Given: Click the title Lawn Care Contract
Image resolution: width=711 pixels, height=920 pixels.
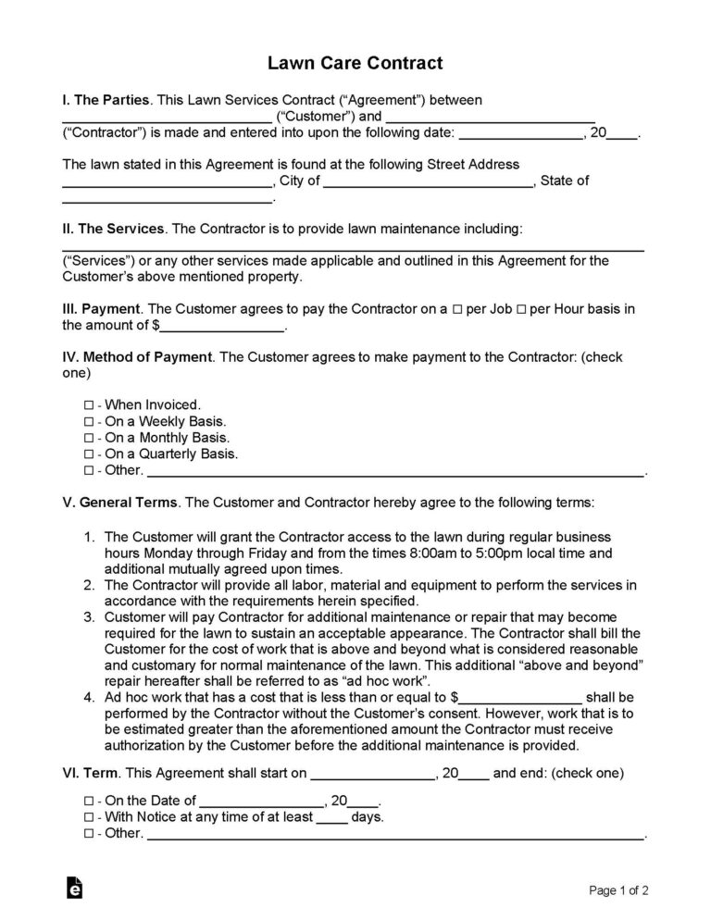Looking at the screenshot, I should pyautogui.click(x=355, y=64).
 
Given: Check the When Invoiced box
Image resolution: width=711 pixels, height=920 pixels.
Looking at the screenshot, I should pyautogui.click(x=88, y=404).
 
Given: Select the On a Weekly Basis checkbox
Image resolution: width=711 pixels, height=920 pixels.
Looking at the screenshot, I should pyautogui.click(x=88, y=421).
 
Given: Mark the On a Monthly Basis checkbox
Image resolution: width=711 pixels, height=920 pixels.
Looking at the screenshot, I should pyautogui.click(x=88, y=437).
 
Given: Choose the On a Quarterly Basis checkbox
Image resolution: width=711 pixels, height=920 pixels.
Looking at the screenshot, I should pyautogui.click(x=88, y=454).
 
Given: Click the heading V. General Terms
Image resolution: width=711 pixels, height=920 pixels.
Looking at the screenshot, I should pyautogui.click(x=122, y=503).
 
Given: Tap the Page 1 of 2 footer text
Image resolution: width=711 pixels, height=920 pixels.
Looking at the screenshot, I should pyautogui.click(x=618, y=890).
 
